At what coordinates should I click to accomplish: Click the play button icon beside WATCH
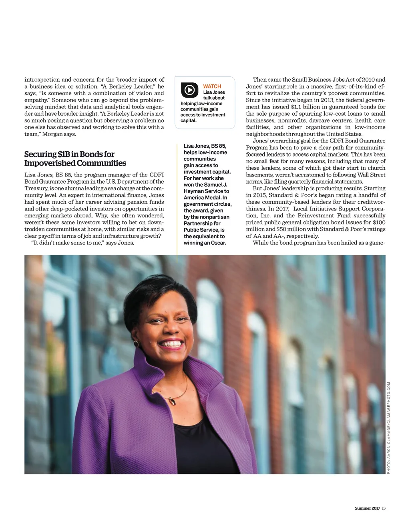[x=189, y=90]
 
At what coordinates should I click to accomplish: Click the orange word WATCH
[x=212, y=86]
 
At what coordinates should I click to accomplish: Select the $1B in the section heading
[x=63, y=154]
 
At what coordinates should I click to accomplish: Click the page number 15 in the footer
[x=384, y=508]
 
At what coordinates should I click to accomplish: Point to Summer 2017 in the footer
[x=367, y=508]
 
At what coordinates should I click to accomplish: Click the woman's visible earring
[x=136, y=343]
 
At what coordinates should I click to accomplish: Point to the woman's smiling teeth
[x=172, y=343]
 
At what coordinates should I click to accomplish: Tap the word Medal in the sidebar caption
[x=214, y=198]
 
